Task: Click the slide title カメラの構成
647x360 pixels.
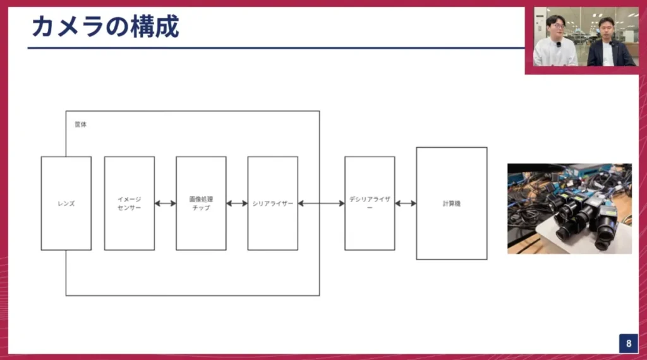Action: point(105,27)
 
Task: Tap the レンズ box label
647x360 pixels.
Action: point(66,203)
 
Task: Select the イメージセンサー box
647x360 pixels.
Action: point(129,203)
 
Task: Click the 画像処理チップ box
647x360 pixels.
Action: point(201,203)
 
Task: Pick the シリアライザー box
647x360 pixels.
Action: point(272,203)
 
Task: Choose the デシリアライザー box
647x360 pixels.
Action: point(370,203)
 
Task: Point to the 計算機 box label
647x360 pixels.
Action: point(451,203)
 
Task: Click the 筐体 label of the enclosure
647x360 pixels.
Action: point(80,124)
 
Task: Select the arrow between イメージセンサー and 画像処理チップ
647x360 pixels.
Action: point(165,203)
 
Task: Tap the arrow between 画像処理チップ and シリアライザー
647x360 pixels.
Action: point(237,203)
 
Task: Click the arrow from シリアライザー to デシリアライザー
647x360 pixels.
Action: point(321,203)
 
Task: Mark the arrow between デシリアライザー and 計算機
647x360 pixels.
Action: point(406,203)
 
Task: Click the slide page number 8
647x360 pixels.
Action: point(629,344)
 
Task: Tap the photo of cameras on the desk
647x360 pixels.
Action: point(569,208)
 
